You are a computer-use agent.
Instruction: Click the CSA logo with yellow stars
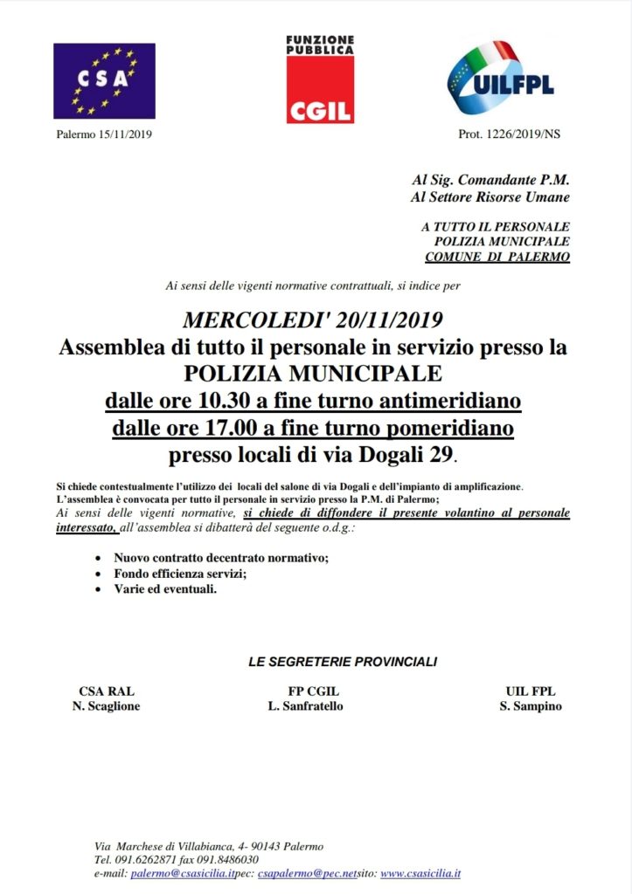pyautogui.click(x=104, y=81)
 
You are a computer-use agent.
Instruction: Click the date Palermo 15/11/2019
pyautogui.click(x=104, y=134)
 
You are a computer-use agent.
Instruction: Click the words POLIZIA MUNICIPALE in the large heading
pyautogui.click(x=313, y=375)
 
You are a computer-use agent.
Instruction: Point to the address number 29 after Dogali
pyautogui.click(x=441, y=456)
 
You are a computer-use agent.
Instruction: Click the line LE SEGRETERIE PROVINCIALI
pyautogui.click(x=343, y=663)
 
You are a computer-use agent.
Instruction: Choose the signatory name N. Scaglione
pyautogui.click(x=106, y=706)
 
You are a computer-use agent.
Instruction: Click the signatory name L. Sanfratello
pyautogui.click(x=305, y=706)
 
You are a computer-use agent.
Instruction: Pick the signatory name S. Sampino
pyautogui.click(x=531, y=706)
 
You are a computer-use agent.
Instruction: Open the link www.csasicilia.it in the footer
pyautogui.click(x=420, y=873)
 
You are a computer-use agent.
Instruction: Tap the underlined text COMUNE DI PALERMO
pyautogui.click(x=497, y=257)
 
